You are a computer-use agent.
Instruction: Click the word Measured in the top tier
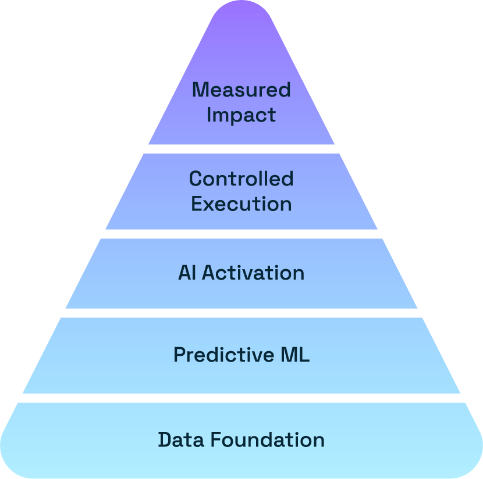(241, 90)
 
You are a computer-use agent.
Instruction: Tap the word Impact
(241, 115)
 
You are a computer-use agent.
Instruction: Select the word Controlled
(241, 178)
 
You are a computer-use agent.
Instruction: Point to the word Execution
(241, 204)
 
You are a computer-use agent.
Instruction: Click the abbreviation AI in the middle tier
(187, 273)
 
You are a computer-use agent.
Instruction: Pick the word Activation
(253, 273)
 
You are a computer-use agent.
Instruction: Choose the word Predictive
(223, 355)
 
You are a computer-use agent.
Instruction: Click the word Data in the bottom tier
(181, 439)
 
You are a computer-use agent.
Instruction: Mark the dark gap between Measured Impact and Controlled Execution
(241, 149)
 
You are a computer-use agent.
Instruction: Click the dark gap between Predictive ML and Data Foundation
(241, 398)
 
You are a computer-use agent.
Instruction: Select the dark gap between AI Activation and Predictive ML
(241, 313)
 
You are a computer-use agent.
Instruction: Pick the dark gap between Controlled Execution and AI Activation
(241, 234)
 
